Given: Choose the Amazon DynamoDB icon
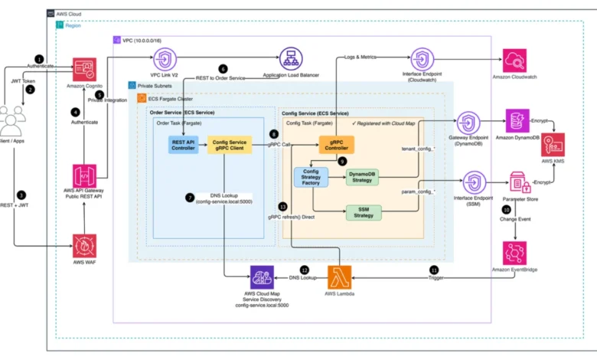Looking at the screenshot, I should [x=518, y=122].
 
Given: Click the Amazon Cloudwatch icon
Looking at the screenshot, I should [x=518, y=61].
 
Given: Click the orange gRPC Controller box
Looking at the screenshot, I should [x=337, y=144].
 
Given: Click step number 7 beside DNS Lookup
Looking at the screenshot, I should [x=189, y=197].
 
